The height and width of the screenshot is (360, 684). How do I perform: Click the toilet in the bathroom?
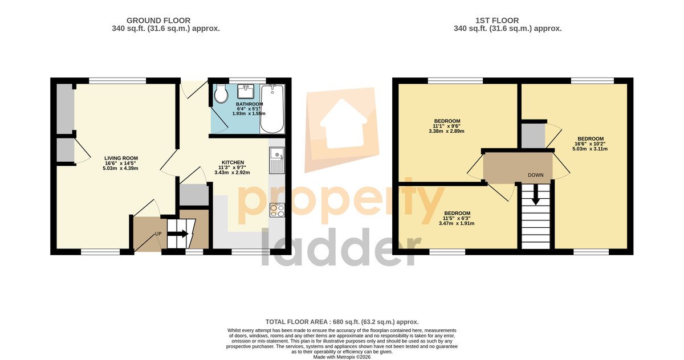(221, 93)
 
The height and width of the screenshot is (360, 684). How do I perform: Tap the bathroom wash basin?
(246, 91)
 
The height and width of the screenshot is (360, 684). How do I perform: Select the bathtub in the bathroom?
(272, 109)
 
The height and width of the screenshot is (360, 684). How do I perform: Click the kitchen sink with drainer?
(277, 161)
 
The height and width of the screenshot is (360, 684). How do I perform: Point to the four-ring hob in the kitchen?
(277, 210)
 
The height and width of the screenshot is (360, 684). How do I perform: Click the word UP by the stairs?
(158, 234)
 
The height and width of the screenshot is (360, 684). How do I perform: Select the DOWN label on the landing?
(536, 175)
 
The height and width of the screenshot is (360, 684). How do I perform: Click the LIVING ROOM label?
(121, 158)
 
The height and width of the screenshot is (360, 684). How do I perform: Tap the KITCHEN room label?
(233, 162)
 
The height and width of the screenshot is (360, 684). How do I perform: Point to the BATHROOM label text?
(249, 104)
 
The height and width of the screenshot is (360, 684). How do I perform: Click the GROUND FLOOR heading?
(158, 21)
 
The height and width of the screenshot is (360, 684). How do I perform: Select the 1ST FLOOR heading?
(497, 21)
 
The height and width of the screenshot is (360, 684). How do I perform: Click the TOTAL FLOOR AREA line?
(342, 322)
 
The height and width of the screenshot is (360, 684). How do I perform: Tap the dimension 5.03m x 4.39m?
(121, 168)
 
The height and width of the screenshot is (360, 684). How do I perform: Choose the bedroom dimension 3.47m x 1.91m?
(457, 223)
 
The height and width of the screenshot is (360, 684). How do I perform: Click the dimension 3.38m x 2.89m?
(446, 131)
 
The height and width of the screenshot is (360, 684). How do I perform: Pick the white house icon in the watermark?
(344, 124)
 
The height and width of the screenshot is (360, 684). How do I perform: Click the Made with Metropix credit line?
(342, 357)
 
